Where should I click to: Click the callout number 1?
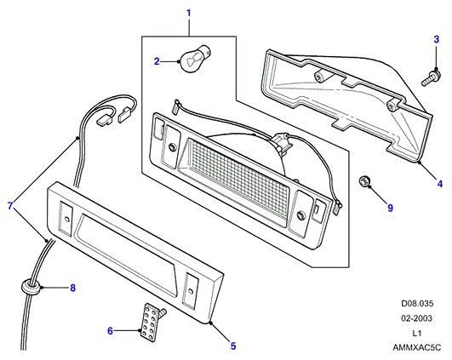tap(189, 13)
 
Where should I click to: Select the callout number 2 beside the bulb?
tap(157, 61)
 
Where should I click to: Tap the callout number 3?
tap(437, 39)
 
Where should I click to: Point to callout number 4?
tap(440, 183)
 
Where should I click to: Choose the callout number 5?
tap(233, 346)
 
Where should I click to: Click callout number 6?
tap(110, 331)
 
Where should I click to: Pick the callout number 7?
tap(11, 206)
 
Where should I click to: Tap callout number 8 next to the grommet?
tap(73, 288)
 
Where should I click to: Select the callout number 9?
tap(391, 208)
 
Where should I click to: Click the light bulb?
tap(192, 59)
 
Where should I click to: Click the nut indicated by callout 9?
tap(364, 182)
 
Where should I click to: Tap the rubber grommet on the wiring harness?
tap(31, 286)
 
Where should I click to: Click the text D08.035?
tap(417, 304)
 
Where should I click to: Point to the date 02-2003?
tap(416, 318)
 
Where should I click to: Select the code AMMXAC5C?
tap(417, 347)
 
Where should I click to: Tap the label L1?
tap(417, 334)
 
